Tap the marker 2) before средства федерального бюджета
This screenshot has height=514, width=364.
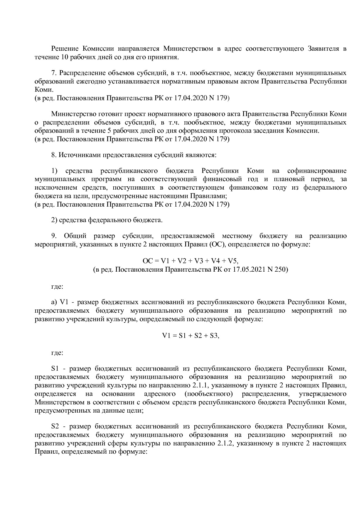[x=54, y=220]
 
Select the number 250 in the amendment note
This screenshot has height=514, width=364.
[x=281, y=269]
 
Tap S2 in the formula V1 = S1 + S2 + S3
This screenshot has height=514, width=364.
[x=195, y=336]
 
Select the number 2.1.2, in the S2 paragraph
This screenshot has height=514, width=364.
[x=225, y=443]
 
